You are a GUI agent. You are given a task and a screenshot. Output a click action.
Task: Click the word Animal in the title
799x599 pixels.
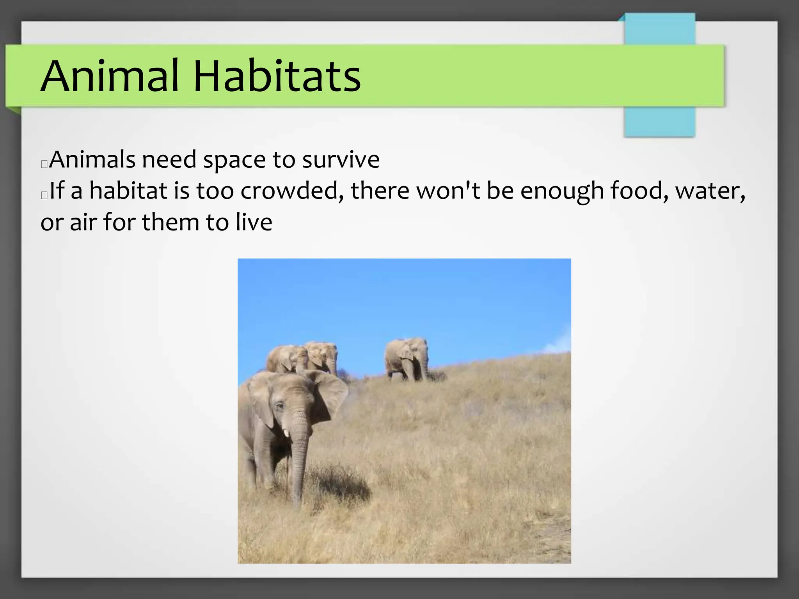(x=109, y=76)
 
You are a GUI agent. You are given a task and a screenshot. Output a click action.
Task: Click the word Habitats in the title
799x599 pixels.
(x=277, y=76)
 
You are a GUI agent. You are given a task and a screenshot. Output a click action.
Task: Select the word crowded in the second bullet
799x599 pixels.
(x=292, y=191)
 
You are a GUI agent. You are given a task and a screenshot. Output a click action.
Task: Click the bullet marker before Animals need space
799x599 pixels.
(x=44, y=164)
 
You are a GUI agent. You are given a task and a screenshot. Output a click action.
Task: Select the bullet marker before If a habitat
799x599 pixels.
(x=44, y=195)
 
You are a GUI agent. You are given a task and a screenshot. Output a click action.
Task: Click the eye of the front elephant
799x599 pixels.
(x=280, y=406)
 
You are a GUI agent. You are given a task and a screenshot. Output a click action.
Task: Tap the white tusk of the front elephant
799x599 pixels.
(x=286, y=433)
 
